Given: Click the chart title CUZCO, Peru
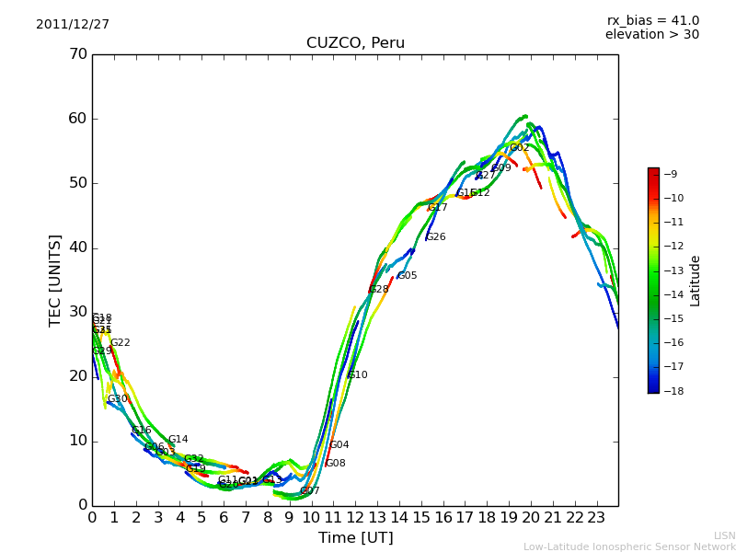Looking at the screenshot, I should [x=355, y=43].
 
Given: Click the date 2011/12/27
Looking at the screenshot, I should [x=73, y=25].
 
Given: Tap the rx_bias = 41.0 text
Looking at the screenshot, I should [x=653, y=21].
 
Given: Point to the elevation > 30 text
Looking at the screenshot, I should [x=652, y=35].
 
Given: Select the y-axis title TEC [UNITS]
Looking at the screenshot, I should [x=55, y=280].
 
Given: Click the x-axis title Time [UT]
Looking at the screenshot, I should [x=355, y=538].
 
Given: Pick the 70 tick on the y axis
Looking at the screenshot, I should [x=78, y=54].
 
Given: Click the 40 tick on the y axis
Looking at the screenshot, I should [x=78, y=247].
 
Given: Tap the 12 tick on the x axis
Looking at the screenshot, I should [x=355, y=518].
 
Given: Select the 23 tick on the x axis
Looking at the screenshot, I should [x=596, y=518].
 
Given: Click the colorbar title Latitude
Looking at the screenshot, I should [x=696, y=281].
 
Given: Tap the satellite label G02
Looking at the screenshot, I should [x=520, y=148].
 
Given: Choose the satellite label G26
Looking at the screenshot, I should [x=436, y=237].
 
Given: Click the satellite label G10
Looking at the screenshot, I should [x=358, y=375].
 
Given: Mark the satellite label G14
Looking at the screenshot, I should [x=178, y=440].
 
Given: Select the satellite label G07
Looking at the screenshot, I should [x=310, y=491].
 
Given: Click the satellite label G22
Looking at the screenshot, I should [x=121, y=343].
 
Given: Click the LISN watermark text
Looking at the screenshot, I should [x=725, y=535].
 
